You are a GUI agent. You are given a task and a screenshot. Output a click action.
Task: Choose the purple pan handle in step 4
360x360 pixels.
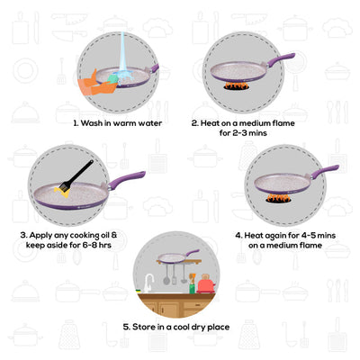pos(325,169)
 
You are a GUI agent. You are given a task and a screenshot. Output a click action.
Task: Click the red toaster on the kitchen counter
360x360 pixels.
pos(206,284)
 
